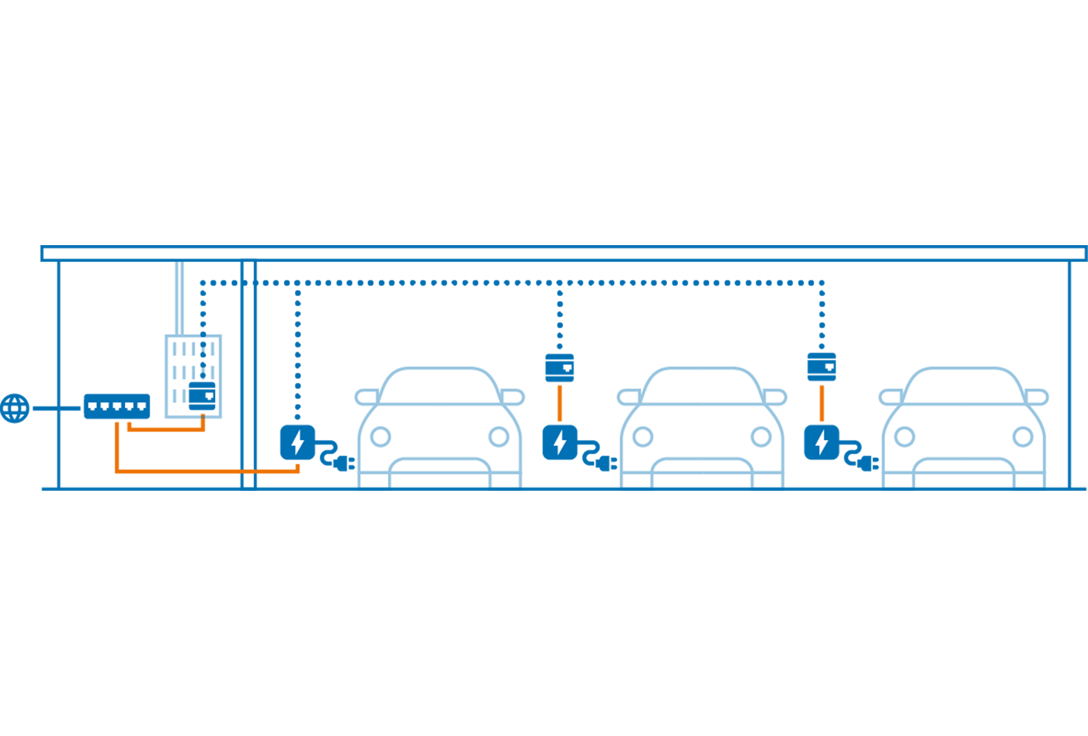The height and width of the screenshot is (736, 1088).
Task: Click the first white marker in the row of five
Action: coord(93,406)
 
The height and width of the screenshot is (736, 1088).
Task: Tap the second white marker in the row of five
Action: coord(105,406)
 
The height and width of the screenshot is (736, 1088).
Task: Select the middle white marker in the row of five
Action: coord(117,406)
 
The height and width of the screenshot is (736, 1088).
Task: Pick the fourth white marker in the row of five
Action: coord(129,406)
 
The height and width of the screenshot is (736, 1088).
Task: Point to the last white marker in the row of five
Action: coord(141,406)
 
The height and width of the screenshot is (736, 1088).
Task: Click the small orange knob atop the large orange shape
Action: coord(202,415)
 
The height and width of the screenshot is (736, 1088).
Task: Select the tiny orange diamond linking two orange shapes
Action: coord(249,472)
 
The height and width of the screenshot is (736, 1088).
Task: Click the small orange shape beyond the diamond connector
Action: coord(286,471)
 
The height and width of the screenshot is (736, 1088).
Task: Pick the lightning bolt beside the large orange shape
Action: coord(297,442)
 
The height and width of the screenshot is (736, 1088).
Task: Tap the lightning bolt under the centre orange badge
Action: coord(560,442)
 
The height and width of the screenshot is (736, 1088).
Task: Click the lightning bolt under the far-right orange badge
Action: coord(822,442)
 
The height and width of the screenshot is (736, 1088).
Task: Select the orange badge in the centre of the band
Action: coord(562,403)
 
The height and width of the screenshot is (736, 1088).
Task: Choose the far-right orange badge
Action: coord(824,403)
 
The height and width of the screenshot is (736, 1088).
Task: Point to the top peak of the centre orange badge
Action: coord(560,385)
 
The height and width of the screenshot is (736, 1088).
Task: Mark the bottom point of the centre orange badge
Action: coord(561,422)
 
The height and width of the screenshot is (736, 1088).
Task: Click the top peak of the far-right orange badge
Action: coord(822,385)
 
